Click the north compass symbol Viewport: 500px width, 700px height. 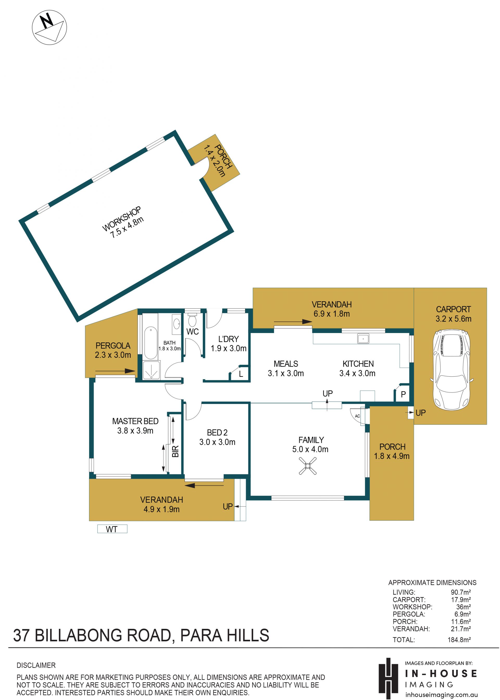click(49, 27)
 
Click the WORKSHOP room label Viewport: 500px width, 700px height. click(122, 218)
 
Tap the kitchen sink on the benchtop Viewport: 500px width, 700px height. click(363, 338)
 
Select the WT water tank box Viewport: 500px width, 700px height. click(112, 529)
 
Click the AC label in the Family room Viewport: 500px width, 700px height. click(357, 416)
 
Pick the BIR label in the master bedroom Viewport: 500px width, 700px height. click(175, 451)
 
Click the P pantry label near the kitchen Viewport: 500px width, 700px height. click(403, 394)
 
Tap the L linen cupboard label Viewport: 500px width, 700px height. click(241, 374)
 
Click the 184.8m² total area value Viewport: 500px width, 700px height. click(459, 640)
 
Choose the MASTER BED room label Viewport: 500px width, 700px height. click(135, 421)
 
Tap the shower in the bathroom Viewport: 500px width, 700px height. click(151, 370)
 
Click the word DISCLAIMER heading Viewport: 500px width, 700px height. click(36, 665)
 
